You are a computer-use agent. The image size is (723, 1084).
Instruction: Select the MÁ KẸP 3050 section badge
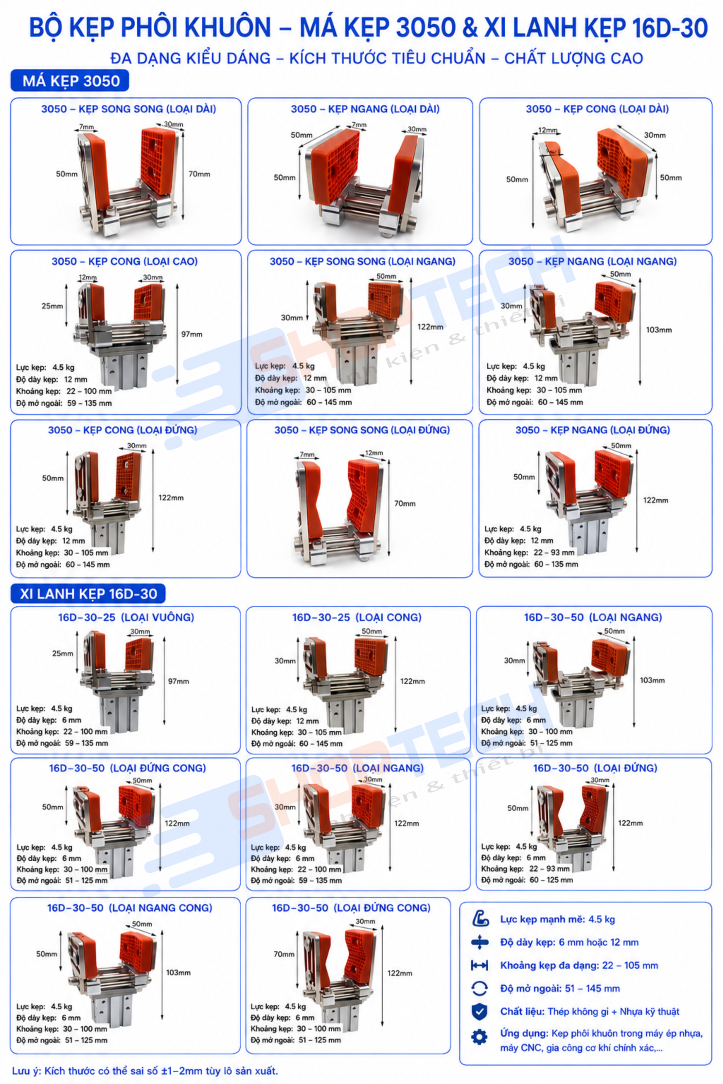pos(70,81)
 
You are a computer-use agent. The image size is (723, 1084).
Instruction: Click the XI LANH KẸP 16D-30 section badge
pos(88,594)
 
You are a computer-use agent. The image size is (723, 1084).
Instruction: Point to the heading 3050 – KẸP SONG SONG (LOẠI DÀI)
pos(129,109)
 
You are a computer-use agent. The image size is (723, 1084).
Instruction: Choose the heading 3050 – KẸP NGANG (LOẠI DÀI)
pos(365,109)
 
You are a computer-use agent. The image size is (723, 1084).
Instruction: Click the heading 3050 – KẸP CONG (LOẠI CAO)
pos(125,262)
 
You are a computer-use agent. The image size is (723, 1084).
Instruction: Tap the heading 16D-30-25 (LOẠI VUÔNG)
pos(126,617)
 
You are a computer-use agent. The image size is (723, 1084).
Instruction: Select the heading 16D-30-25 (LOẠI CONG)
pos(356,617)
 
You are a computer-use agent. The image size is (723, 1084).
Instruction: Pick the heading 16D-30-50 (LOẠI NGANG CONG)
pos(130,908)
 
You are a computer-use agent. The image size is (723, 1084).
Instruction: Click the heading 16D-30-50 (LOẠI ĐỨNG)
pos(595,768)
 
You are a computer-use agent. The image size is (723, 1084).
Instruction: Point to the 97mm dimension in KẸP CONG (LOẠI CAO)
pos(192,334)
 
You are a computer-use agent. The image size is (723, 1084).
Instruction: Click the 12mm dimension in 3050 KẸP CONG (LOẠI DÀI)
pos(547,130)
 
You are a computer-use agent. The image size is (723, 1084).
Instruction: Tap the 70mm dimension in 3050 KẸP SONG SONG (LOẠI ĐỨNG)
pos(405,503)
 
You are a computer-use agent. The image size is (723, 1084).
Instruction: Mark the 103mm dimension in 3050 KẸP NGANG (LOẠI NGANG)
pos(659,330)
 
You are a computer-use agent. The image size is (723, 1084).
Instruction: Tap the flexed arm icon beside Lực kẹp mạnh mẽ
pos(480,919)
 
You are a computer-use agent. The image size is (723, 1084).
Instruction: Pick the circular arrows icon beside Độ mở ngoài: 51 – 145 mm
pos(480,988)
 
